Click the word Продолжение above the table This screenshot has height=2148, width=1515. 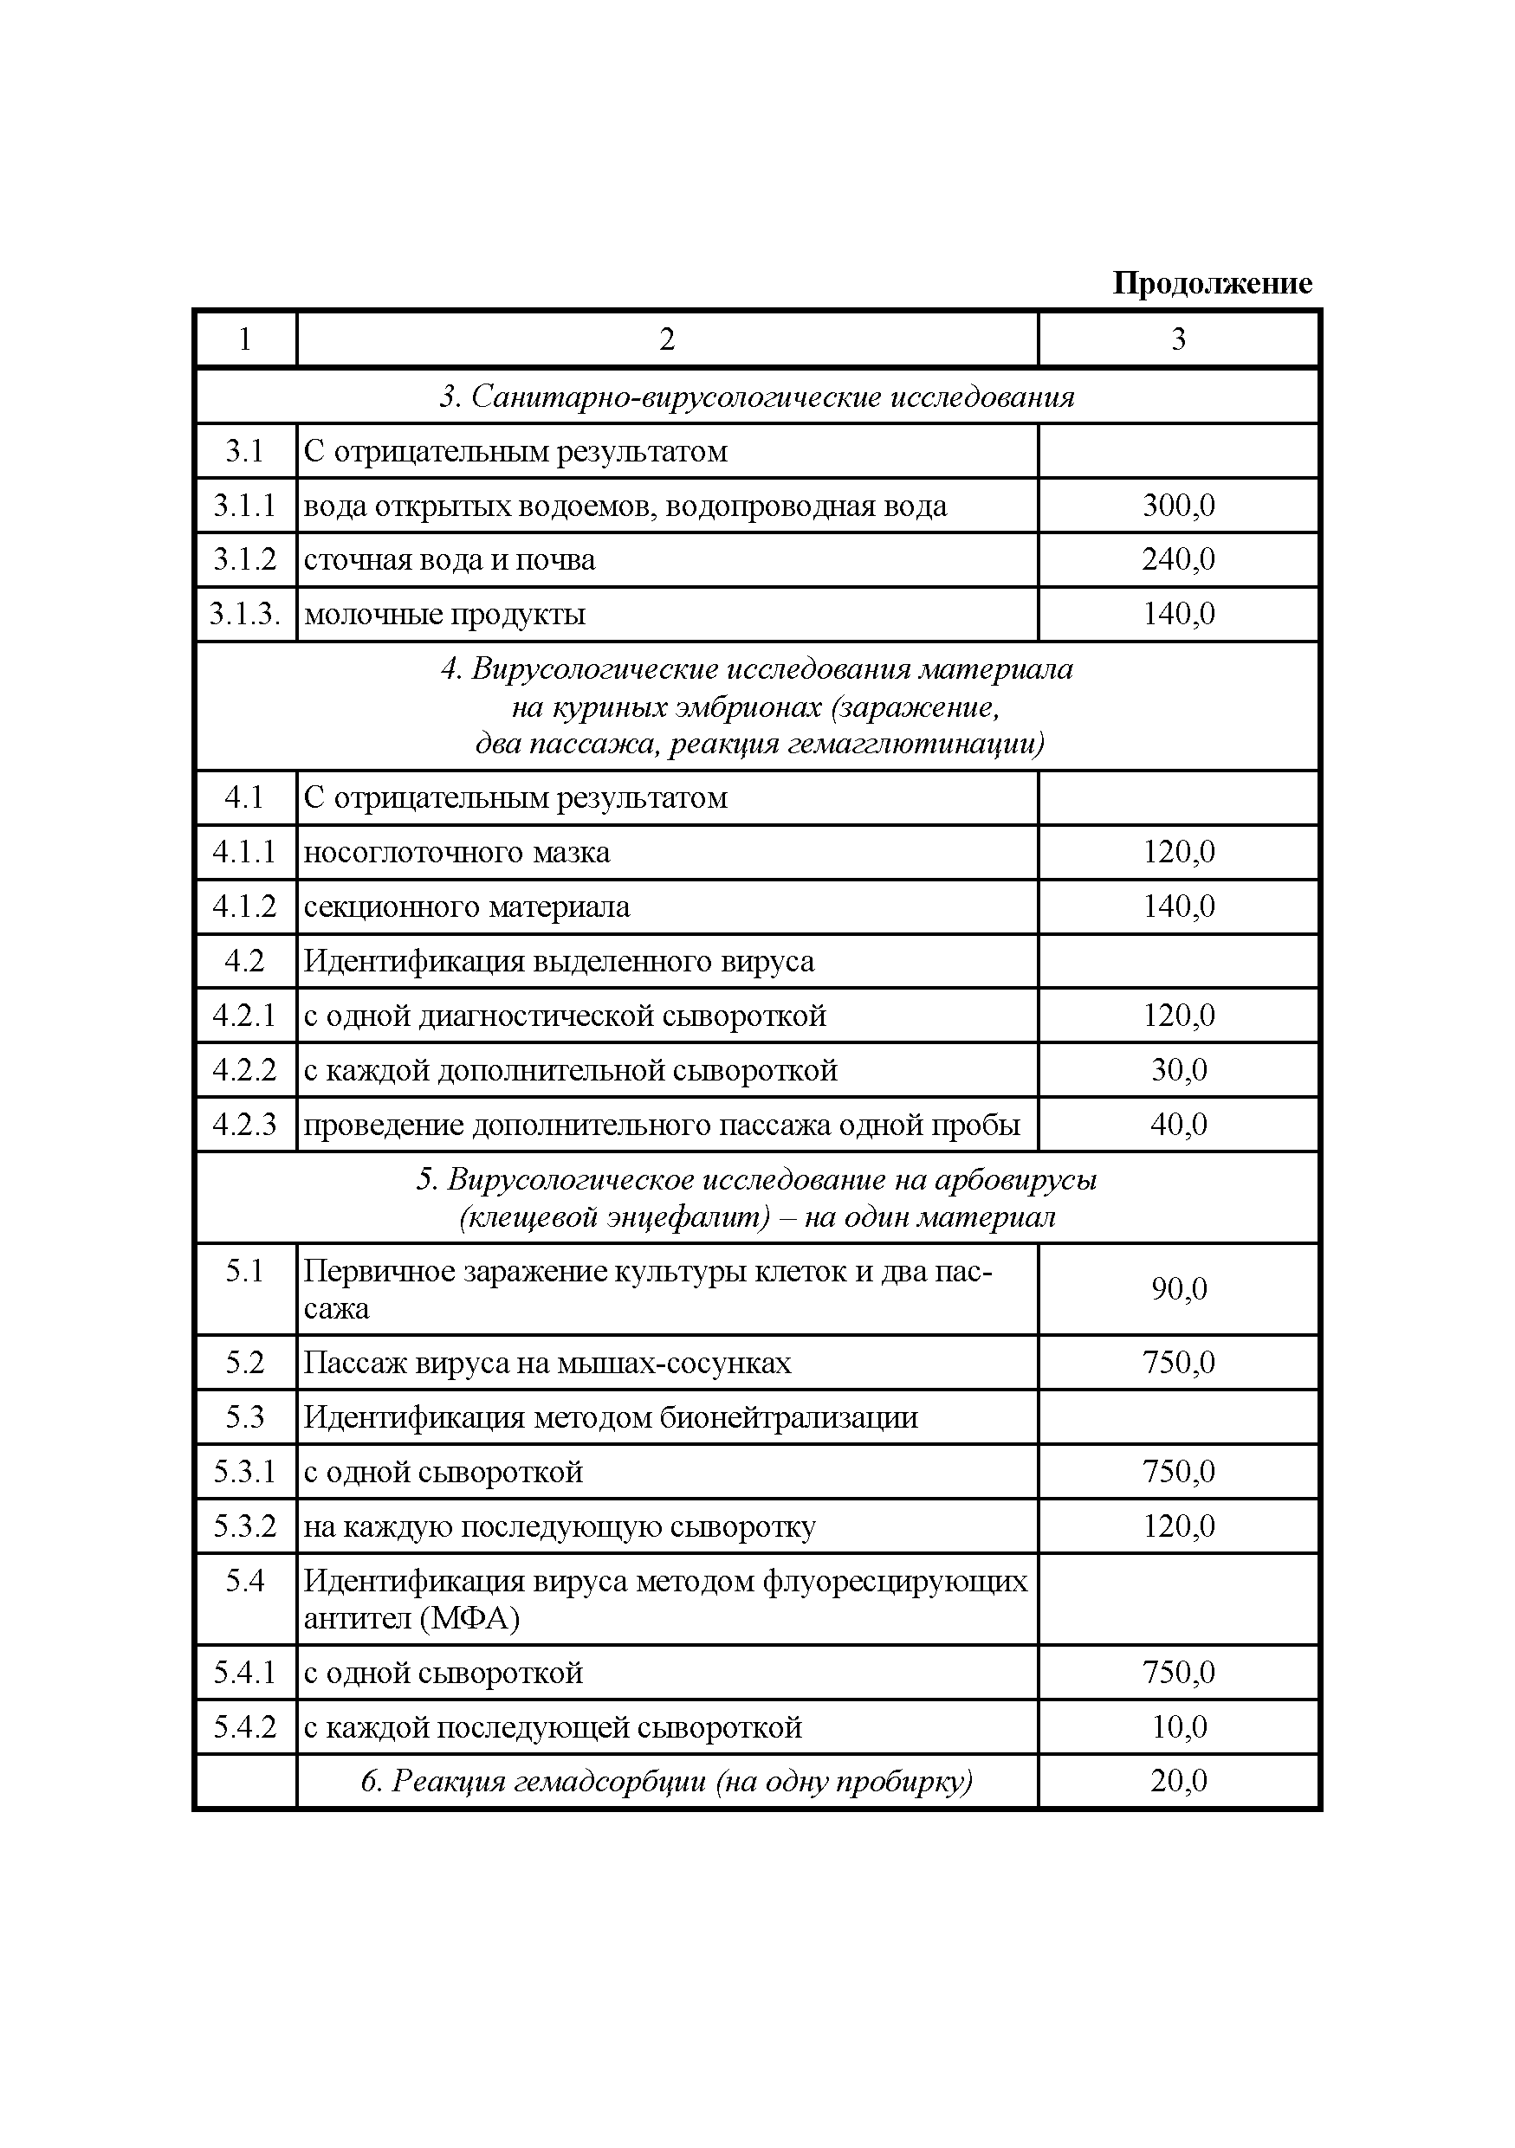click(1211, 282)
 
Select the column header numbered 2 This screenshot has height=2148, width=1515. click(666, 339)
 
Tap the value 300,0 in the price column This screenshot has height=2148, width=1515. click(1178, 506)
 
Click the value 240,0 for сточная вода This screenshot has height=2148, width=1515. click(1178, 559)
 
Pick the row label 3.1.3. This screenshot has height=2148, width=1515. click(244, 615)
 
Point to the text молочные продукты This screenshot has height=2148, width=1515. click(445, 615)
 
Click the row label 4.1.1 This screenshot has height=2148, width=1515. click(244, 852)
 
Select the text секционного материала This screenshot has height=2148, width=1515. click(467, 906)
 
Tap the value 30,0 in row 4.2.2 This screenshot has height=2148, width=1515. click(1178, 1069)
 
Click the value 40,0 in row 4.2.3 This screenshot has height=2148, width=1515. click(1178, 1124)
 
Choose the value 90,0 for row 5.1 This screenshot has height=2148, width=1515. click(1178, 1289)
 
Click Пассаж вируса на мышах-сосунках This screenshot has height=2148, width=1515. click(547, 1362)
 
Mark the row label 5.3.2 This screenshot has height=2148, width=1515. click(244, 1526)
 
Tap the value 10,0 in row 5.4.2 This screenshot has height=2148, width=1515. click(1178, 1726)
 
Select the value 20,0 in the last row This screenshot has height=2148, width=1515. click(1178, 1780)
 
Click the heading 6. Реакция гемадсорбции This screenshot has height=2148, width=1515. click(666, 1781)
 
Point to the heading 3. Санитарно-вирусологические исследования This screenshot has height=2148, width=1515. click(756, 397)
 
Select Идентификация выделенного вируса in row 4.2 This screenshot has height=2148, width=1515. click(559, 962)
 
